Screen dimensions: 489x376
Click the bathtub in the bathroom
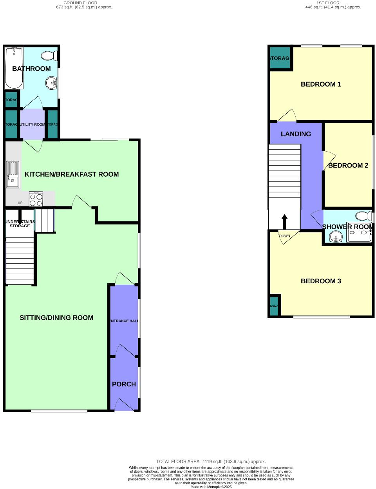pyautogui.click(x=14, y=68)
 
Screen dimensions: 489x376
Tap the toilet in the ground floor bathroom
pyautogui.click(x=50, y=56)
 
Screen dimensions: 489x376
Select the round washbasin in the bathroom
pyautogui.click(x=51, y=83)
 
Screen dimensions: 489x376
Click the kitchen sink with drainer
pyautogui.click(x=12, y=174)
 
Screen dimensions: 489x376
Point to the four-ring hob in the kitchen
pyautogui.click(x=36, y=199)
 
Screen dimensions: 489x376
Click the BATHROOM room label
pyautogui.click(x=31, y=69)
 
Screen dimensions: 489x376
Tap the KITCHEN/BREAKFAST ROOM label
pyautogui.click(x=72, y=174)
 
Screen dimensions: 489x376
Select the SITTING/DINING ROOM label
pyautogui.click(x=56, y=318)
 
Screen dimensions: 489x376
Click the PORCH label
pyautogui.click(x=124, y=384)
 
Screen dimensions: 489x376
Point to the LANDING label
pyautogui.click(x=296, y=134)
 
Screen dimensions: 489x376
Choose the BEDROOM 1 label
pyautogui.click(x=321, y=84)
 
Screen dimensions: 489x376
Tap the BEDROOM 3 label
pyautogui.click(x=321, y=281)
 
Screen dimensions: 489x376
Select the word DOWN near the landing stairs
pyautogui.click(x=285, y=236)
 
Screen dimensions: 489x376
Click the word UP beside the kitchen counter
pyautogui.click(x=20, y=203)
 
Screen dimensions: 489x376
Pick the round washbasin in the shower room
pyautogui.click(x=335, y=237)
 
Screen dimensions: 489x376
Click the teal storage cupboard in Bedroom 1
pyautogui.click(x=280, y=58)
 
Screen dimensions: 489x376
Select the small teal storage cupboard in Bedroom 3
pyautogui.click(x=274, y=306)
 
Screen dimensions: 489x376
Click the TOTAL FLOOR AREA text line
pyautogui.click(x=211, y=462)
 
